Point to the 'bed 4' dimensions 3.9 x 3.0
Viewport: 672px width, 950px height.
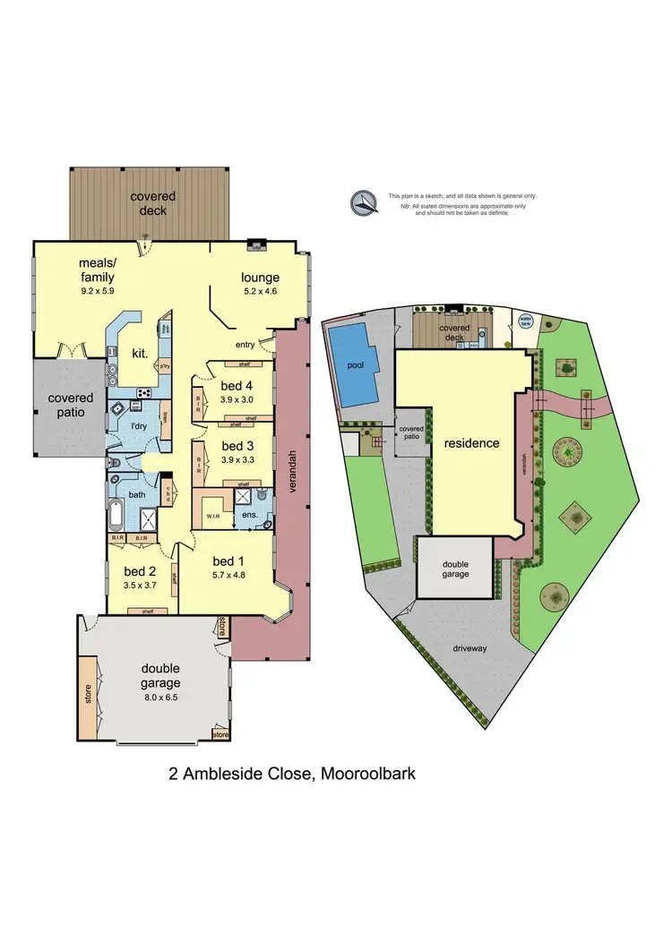point(237,400)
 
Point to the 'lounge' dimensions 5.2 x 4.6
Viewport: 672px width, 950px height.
point(261,291)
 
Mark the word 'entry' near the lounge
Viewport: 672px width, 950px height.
point(246,344)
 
